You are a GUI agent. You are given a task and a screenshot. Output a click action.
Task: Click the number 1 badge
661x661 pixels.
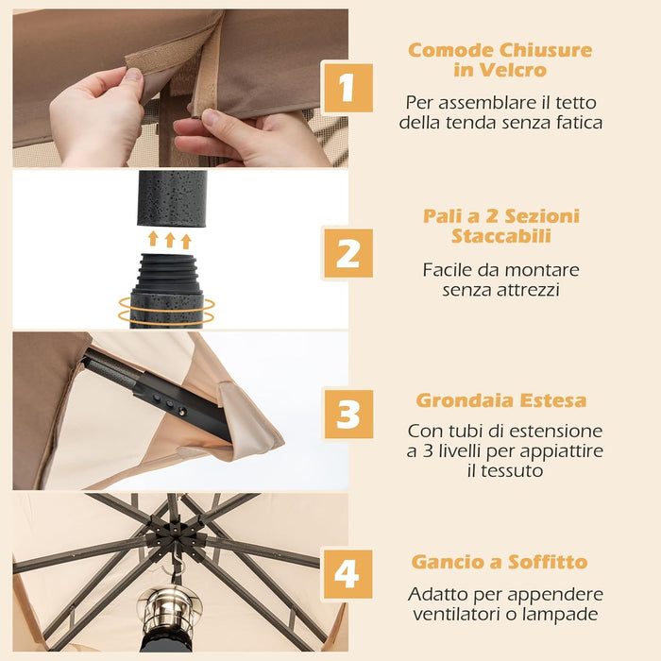[347, 88]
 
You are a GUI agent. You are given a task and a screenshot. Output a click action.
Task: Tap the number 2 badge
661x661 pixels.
[347, 253]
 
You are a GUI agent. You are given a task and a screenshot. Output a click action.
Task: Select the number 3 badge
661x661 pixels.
[347, 414]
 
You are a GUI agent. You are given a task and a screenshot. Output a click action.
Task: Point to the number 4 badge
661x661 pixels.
[347, 574]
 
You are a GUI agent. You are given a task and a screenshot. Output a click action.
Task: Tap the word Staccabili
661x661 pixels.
[500, 235]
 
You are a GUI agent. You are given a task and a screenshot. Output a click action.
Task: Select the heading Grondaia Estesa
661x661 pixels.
[500, 400]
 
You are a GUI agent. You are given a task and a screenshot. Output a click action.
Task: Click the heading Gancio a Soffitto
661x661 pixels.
[500, 562]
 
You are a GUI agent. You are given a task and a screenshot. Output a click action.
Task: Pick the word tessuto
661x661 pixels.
[505, 470]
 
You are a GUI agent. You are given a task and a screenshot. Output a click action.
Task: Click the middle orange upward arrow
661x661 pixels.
[170, 240]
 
